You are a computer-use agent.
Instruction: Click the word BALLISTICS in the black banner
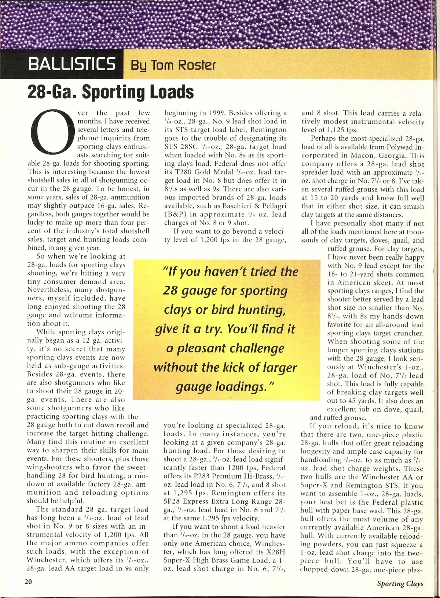72,64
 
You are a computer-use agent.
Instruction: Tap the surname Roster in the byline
197,65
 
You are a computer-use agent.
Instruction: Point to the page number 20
28,582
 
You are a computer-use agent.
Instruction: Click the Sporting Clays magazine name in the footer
400,583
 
